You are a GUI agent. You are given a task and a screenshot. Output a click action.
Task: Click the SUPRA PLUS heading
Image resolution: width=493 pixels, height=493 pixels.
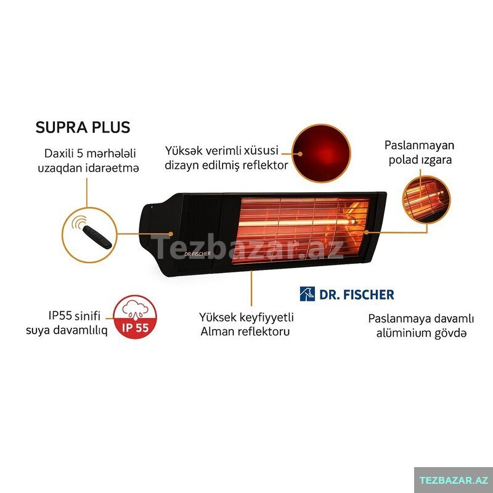click(x=83, y=128)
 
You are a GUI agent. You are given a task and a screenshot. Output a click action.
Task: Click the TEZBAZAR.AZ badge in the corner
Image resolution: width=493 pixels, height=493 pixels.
click(x=454, y=479)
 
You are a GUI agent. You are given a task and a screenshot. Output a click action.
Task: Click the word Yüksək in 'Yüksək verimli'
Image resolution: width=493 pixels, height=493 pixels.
click(x=184, y=150)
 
